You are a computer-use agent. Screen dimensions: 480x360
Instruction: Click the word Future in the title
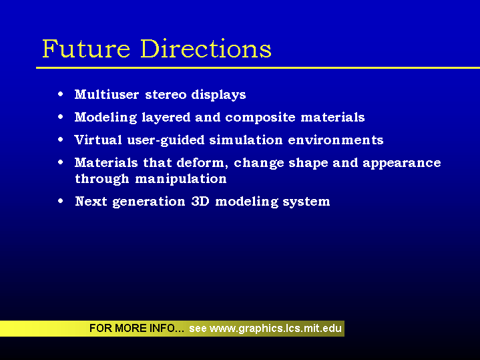point(86,48)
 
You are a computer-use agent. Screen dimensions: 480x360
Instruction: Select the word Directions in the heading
point(206,48)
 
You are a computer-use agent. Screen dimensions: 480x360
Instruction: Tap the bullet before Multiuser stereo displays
point(61,94)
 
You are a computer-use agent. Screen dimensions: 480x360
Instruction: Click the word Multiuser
point(107,94)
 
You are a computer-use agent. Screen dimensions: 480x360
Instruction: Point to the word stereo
point(166,95)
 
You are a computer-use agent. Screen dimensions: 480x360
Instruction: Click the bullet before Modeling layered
point(61,117)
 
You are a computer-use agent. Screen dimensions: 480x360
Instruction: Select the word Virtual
point(98,140)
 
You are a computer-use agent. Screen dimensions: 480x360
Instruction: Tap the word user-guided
point(166,140)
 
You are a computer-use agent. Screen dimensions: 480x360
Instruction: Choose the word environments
point(336,140)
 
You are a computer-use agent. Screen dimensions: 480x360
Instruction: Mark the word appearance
point(402,163)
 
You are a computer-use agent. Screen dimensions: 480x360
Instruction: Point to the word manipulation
point(181,179)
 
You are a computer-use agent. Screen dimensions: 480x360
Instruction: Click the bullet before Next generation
point(61,201)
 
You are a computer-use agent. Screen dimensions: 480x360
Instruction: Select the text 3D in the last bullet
point(200,201)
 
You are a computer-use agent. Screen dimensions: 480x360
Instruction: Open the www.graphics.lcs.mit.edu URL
point(276,329)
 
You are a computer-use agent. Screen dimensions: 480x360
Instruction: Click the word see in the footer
point(198,329)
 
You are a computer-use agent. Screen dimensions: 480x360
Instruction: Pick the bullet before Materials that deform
point(61,162)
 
